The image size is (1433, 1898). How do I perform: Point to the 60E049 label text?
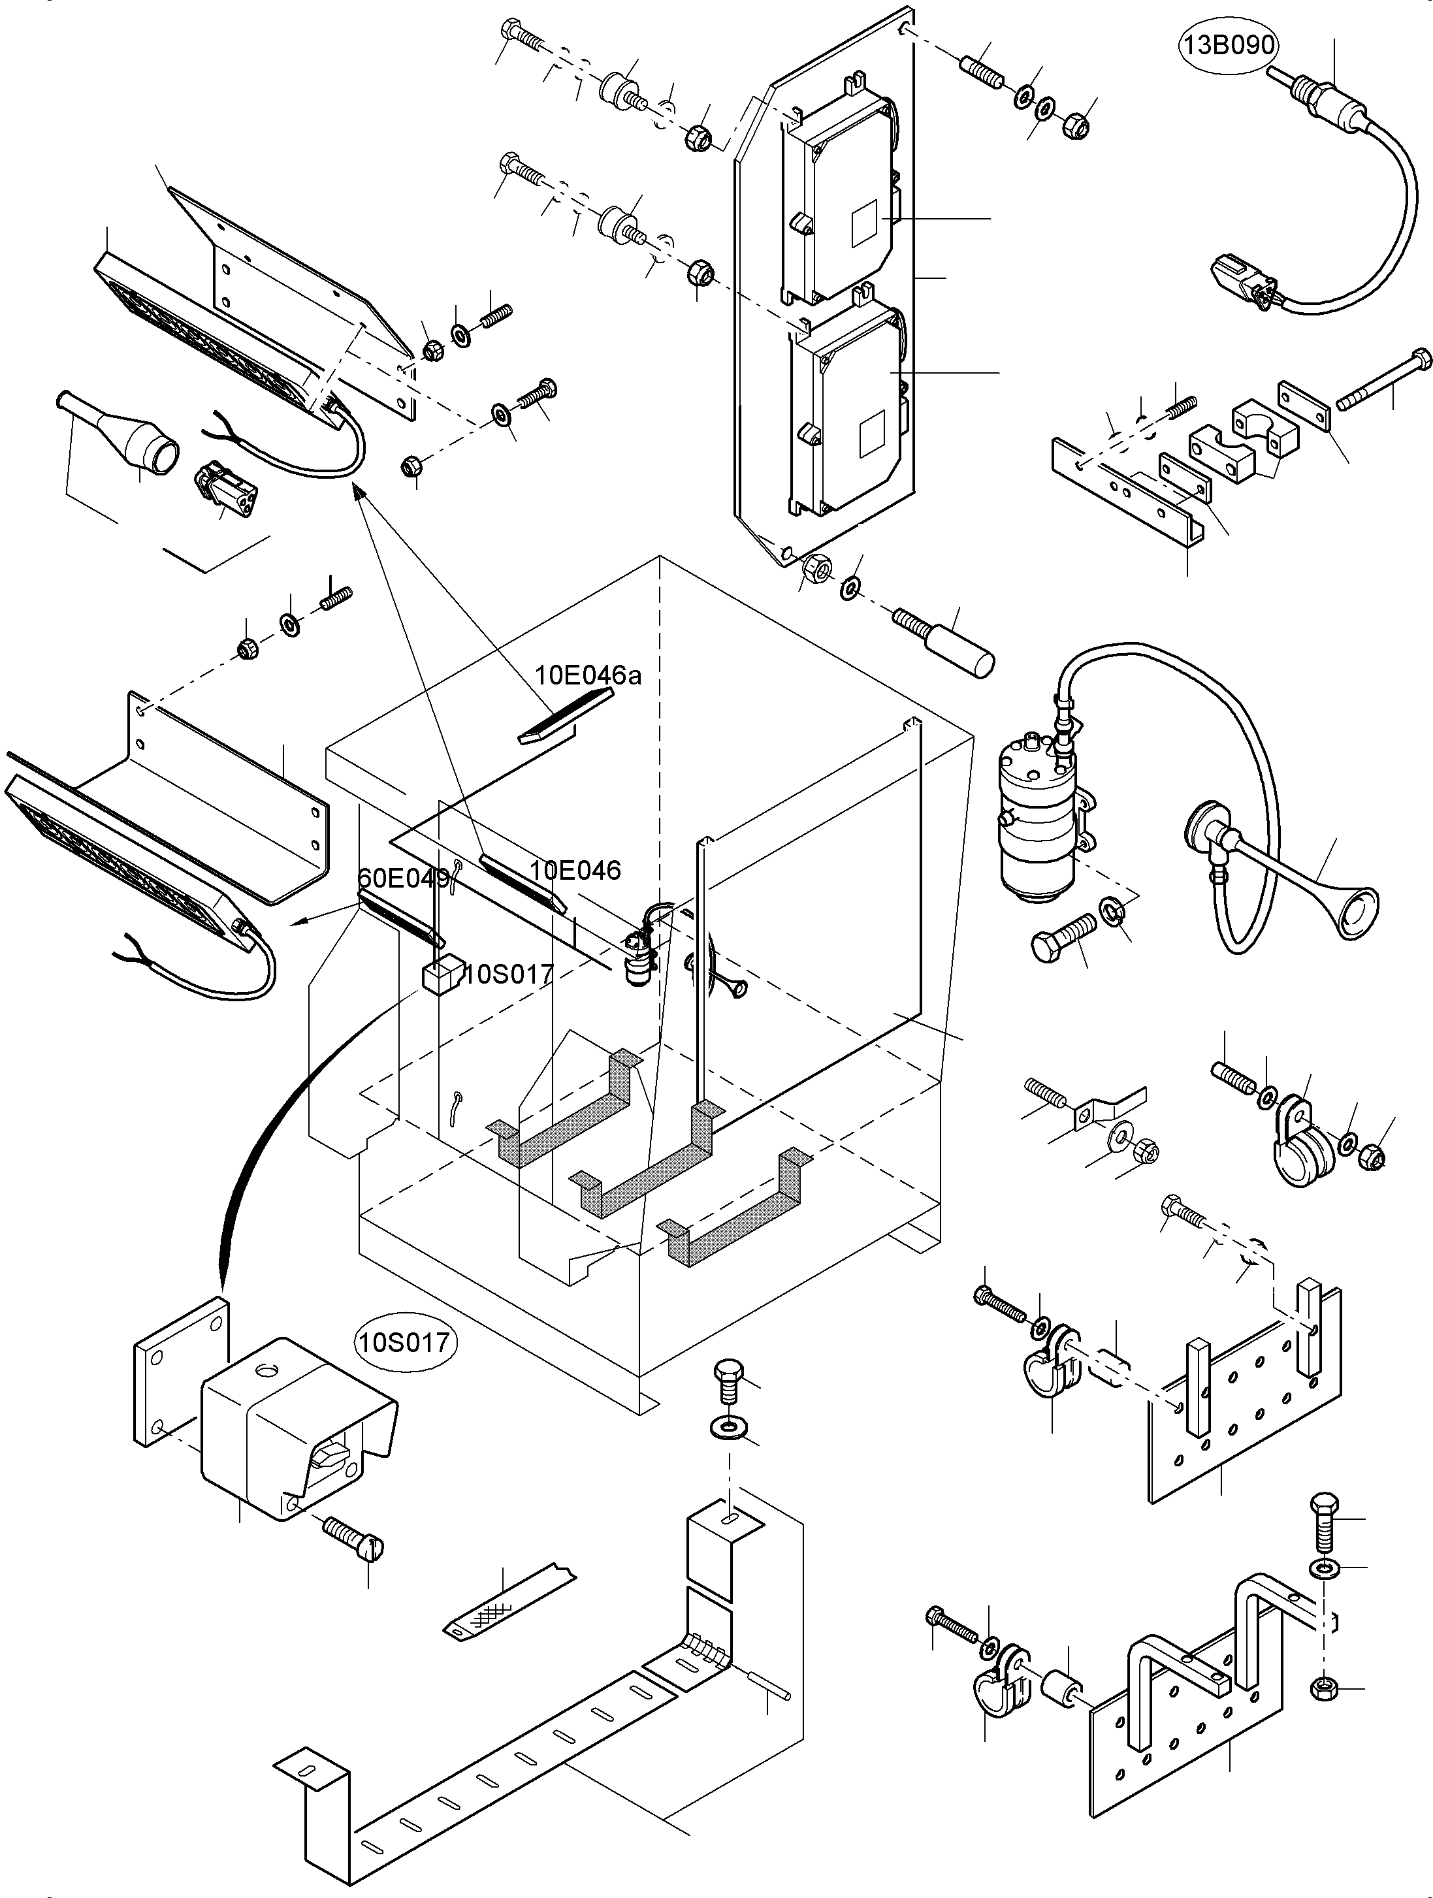pos(402,878)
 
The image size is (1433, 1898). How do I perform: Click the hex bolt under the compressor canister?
pos(1062,938)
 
